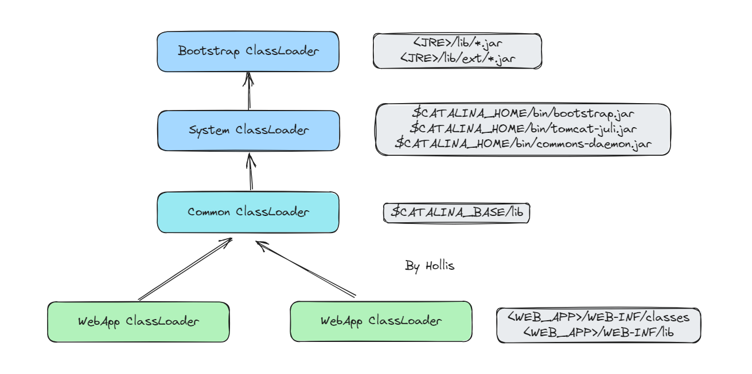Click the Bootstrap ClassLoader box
(248, 52)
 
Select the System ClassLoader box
(248, 131)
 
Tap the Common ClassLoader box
(248, 212)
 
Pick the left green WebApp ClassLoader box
(138, 322)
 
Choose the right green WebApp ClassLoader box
(381, 321)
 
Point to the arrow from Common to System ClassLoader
(251, 171)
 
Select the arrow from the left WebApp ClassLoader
(185, 269)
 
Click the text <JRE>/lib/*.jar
(457, 43)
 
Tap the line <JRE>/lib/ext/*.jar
(457, 59)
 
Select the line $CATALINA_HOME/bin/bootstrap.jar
(523, 113)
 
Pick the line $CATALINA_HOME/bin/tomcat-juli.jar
(523, 128)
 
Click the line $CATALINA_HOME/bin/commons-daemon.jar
(523, 143)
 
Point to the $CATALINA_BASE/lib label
(457, 212)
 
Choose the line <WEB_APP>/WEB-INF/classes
(598, 317)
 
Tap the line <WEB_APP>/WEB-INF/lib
(598, 332)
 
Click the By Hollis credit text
(430, 266)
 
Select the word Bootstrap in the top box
(208, 51)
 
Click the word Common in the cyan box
(209, 212)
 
